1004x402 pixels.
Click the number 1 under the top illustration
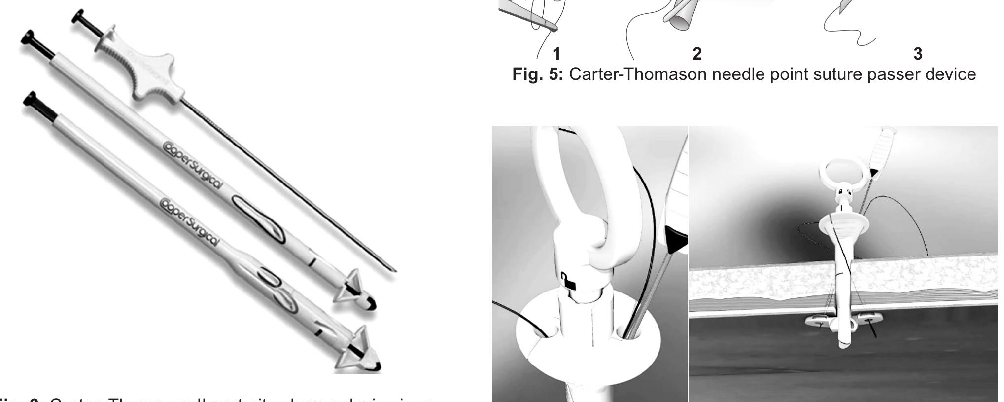(556, 53)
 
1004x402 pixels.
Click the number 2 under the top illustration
(696, 53)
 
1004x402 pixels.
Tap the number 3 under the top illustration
(917, 53)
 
